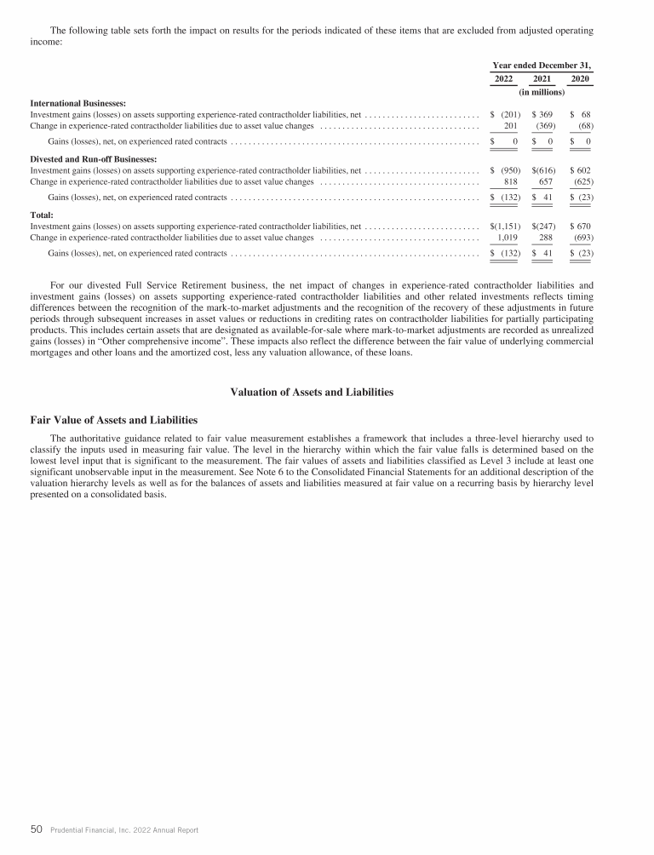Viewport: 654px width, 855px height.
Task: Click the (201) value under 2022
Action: click(509, 113)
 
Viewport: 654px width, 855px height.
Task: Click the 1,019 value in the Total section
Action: click(508, 238)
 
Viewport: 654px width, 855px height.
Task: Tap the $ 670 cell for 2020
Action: click(581, 227)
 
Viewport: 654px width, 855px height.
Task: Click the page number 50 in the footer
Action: click(37, 829)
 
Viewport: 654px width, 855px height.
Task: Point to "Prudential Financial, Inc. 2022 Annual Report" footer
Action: click(123, 829)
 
